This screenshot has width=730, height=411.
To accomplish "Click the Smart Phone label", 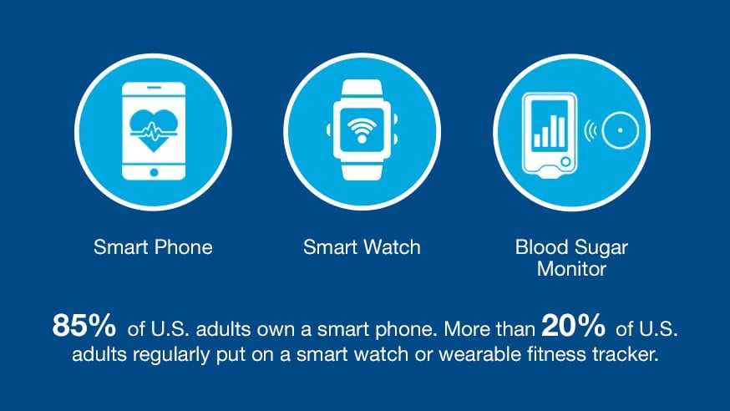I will click(153, 247).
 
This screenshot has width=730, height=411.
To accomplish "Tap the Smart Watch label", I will click(362, 247).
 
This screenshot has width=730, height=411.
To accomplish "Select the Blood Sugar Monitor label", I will click(571, 258).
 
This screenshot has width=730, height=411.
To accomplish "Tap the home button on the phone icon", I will click(153, 172).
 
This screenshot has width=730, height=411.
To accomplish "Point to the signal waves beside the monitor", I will click(594, 129).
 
